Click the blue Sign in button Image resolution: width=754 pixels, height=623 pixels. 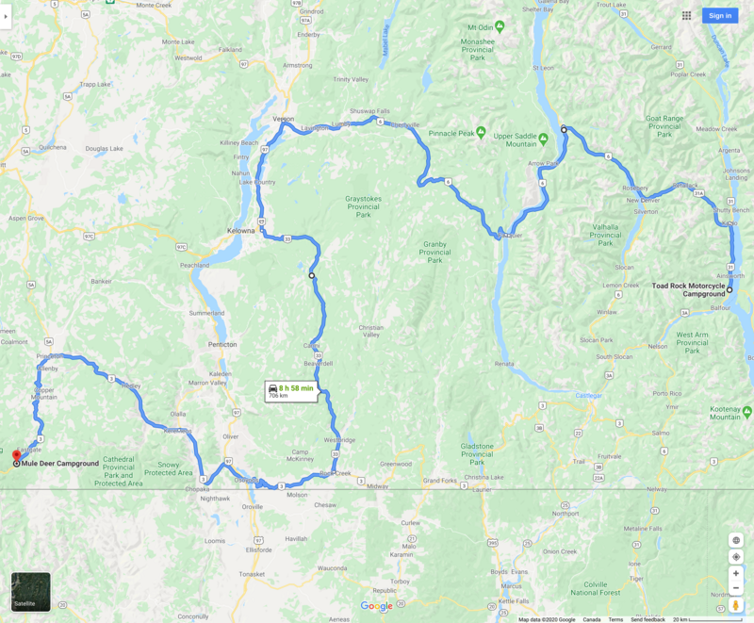pos(720,15)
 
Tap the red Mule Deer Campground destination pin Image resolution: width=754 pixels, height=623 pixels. pos(16,457)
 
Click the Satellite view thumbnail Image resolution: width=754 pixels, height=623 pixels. pos(31,592)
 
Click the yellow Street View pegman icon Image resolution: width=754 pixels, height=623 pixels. pos(736,605)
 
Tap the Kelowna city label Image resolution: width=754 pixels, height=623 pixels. pos(241,230)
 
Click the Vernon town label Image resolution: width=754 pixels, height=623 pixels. pos(283,120)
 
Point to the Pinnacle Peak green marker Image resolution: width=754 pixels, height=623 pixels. pos(481,131)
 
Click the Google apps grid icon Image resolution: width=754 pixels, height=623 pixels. pos(687,15)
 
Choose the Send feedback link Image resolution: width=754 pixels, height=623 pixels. pos(647,619)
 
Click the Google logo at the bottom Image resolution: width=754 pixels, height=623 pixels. pos(376,606)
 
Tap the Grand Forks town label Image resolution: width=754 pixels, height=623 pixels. pos(438,481)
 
